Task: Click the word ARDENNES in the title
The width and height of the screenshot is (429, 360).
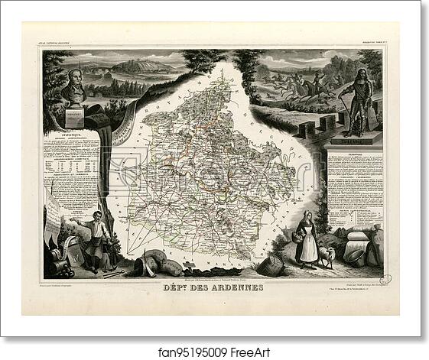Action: tap(239, 287)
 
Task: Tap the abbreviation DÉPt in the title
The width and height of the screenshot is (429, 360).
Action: tap(193, 287)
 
